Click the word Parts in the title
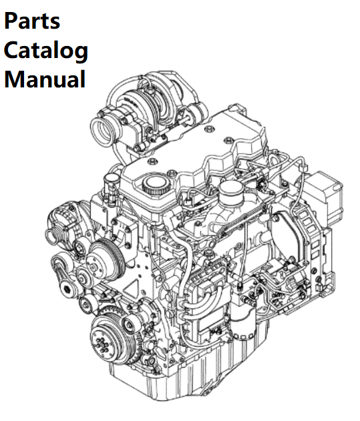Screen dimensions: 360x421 tap(31, 21)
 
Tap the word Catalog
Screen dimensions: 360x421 tap(45, 50)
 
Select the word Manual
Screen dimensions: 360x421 tap(45, 79)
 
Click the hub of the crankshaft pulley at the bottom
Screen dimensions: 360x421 tap(102, 344)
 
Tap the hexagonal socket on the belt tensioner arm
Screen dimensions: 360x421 tap(67, 290)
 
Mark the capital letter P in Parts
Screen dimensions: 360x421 tap(11, 21)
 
